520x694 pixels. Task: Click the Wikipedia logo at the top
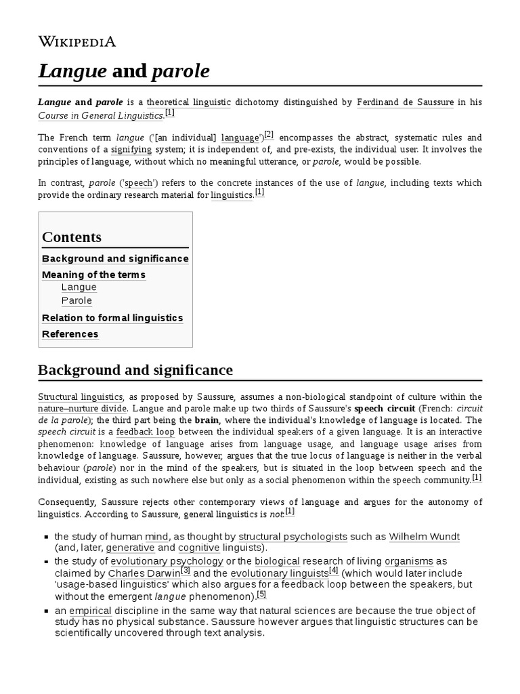pyautogui.click(x=77, y=41)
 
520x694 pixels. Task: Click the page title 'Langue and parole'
pyautogui.click(x=123, y=71)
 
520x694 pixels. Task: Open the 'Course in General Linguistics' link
pyautogui.click(x=100, y=115)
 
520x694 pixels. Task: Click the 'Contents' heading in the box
pyautogui.click(x=72, y=237)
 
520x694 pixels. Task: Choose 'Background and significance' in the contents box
pyautogui.click(x=115, y=259)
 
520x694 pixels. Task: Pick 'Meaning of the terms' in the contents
pyautogui.click(x=93, y=274)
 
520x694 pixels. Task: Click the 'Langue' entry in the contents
pyautogui.click(x=79, y=287)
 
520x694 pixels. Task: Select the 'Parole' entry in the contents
pyautogui.click(x=77, y=301)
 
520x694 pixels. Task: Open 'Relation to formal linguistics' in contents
pyautogui.click(x=112, y=318)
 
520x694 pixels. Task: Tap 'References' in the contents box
pyautogui.click(x=70, y=334)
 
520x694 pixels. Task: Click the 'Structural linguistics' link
pyautogui.click(x=80, y=396)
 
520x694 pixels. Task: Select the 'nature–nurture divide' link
pyautogui.click(x=82, y=409)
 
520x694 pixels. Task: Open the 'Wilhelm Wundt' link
pyautogui.click(x=425, y=537)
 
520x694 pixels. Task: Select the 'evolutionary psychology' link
pyautogui.click(x=167, y=561)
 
